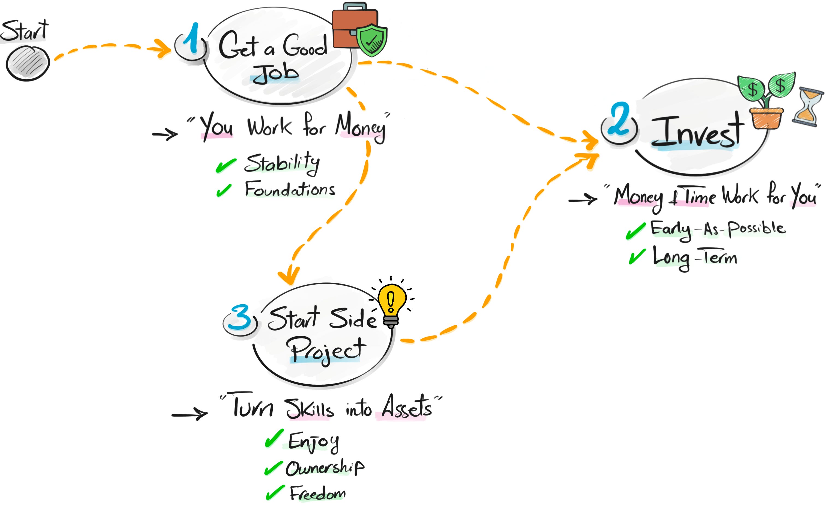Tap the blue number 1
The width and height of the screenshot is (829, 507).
(x=192, y=40)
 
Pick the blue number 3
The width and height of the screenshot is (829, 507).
(x=240, y=317)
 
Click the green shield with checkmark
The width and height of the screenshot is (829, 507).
(x=372, y=40)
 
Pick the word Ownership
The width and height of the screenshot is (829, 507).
(x=325, y=468)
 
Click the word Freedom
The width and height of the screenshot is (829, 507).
(x=318, y=494)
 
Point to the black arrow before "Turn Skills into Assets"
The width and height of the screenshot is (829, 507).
(x=189, y=414)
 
